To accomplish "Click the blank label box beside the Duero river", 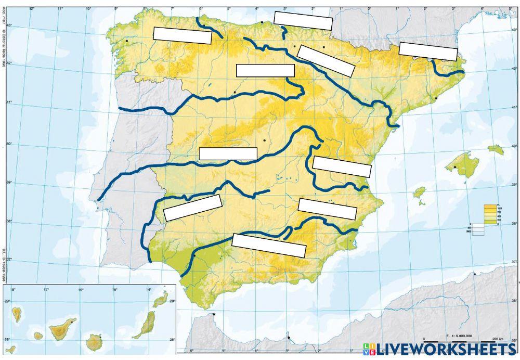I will pos(265,70).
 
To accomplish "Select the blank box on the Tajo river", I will pos(228,153).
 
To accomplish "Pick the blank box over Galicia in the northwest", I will pos(182,35).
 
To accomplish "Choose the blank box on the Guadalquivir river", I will pos(268,245).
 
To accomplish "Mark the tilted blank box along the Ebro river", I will pos(326,61).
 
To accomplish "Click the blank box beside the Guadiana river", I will pos(192,208).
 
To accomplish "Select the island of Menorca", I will pos(495,150).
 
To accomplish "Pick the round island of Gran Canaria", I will pos(95,342).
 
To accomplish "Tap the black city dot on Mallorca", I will pos(455,168).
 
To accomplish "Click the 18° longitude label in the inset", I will pos(12,289).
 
